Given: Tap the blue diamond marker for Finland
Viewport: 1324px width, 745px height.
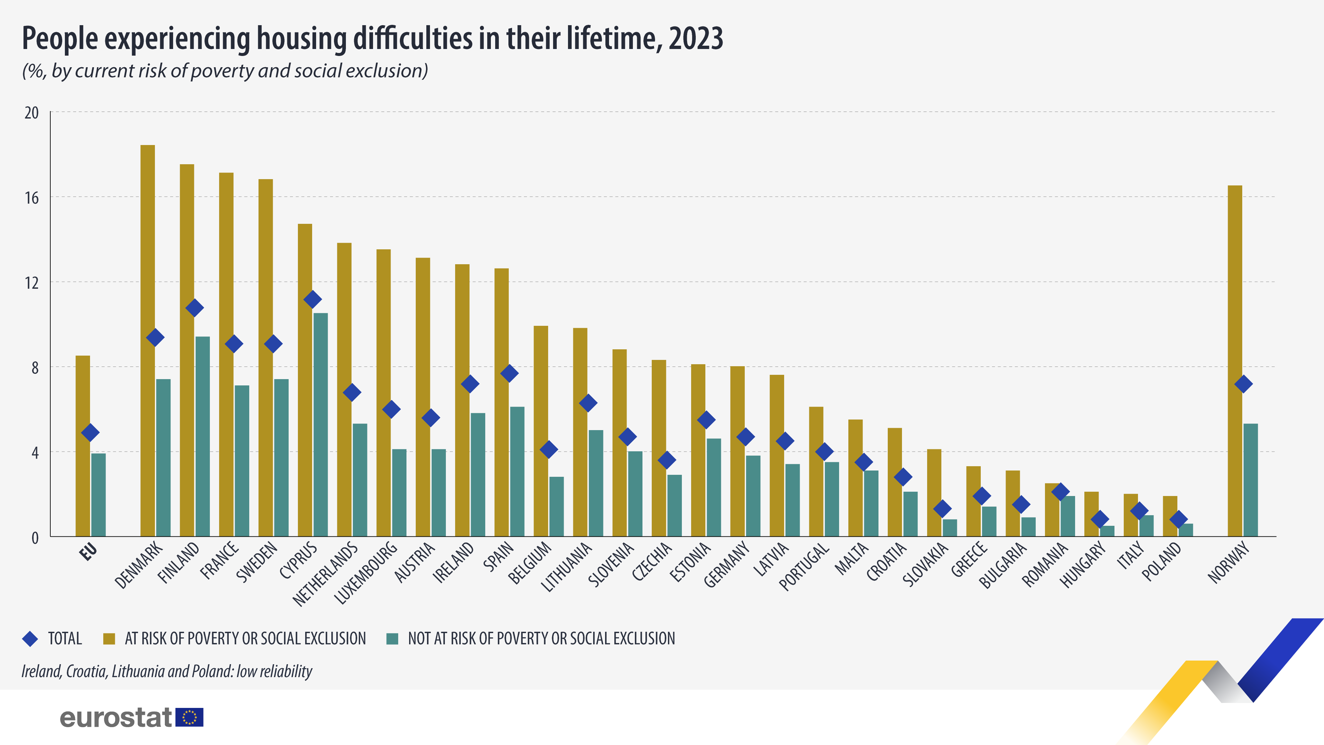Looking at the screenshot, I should pyautogui.click(x=194, y=308).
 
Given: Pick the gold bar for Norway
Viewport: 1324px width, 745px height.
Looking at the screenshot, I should pyautogui.click(x=1235, y=360).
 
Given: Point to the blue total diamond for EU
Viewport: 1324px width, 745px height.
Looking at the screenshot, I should pyautogui.click(x=90, y=433).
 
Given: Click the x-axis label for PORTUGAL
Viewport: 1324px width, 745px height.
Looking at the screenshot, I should pyautogui.click(x=804, y=567).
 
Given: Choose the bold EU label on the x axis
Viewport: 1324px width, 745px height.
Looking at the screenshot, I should pyautogui.click(x=88, y=552).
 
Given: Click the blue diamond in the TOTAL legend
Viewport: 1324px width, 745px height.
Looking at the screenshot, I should pyautogui.click(x=30, y=639).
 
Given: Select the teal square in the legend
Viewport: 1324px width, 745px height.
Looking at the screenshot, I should pyautogui.click(x=392, y=639).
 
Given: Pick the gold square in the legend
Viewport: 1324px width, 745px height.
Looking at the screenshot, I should pyautogui.click(x=109, y=639).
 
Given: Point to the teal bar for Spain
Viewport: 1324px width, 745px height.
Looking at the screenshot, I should pyautogui.click(x=517, y=472).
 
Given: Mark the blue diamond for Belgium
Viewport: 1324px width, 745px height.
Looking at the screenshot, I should pyautogui.click(x=548, y=449).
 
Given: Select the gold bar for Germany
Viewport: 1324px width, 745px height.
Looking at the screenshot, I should pyautogui.click(x=737, y=451).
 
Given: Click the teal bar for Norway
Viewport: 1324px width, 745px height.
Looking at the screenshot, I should pyautogui.click(x=1251, y=480).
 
